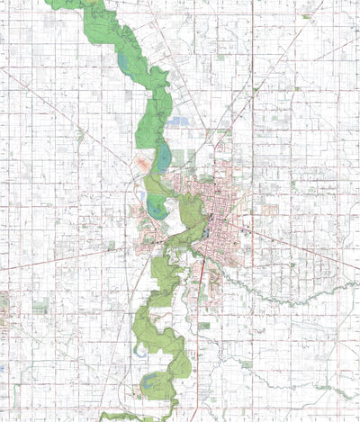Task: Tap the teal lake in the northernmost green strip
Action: click(122, 64)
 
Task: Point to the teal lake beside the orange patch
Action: click(163, 160)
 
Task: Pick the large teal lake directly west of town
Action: click(156, 208)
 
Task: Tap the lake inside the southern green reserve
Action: click(153, 381)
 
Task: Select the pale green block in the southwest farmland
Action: click(40, 307)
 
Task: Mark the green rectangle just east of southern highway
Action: click(204, 325)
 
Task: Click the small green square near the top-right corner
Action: click(307, 16)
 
